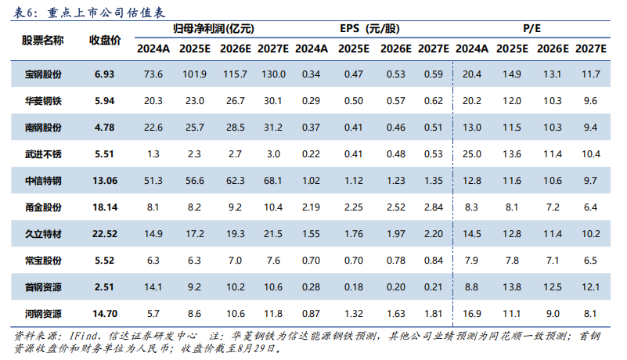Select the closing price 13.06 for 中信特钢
[x=105, y=181]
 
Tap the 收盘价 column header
[x=105, y=39]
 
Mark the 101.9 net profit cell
[x=193, y=74]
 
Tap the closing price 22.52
[x=105, y=234]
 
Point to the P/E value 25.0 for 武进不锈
[x=472, y=154]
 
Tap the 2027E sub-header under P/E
[x=591, y=49]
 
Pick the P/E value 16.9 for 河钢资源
[x=472, y=314]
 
